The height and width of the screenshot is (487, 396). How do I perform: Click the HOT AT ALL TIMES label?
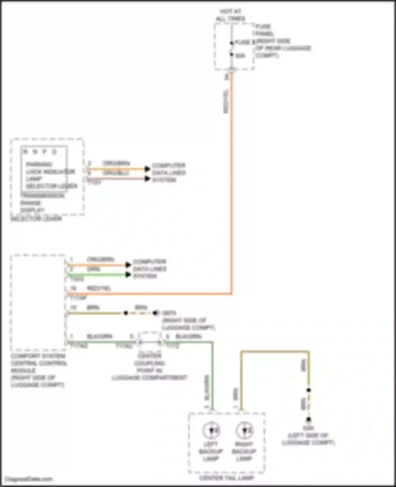pos(230,15)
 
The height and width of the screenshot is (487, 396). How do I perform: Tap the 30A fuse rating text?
pos(240,56)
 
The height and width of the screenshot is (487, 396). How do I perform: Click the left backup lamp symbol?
pos(211,431)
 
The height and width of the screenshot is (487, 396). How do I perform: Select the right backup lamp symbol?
pos(244,431)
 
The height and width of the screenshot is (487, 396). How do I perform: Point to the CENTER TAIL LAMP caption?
pos(226,478)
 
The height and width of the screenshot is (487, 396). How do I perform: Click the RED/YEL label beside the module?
pos(99,288)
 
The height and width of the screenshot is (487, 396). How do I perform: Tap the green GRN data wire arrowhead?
pos(128,275)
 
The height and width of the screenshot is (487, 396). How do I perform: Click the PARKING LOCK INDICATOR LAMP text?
pos(50,171)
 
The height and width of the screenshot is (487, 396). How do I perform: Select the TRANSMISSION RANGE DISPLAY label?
pos(42,203)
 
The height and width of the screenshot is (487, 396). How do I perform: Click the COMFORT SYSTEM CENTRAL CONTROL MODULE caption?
pos(39,370)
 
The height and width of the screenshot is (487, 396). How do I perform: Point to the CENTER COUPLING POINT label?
pos(149,367)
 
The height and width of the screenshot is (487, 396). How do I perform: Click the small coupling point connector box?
pos(150,342)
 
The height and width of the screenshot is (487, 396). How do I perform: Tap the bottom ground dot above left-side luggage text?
pos(308,419)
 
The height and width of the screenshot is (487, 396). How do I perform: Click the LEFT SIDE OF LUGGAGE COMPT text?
pos(308,439)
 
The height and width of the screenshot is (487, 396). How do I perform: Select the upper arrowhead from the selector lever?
pos(147,169)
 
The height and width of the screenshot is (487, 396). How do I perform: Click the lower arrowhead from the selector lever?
pos(147,179)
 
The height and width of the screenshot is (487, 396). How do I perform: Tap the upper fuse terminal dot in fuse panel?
pos(232,43)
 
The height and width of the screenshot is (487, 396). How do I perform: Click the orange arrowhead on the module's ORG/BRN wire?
pos(128,265)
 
